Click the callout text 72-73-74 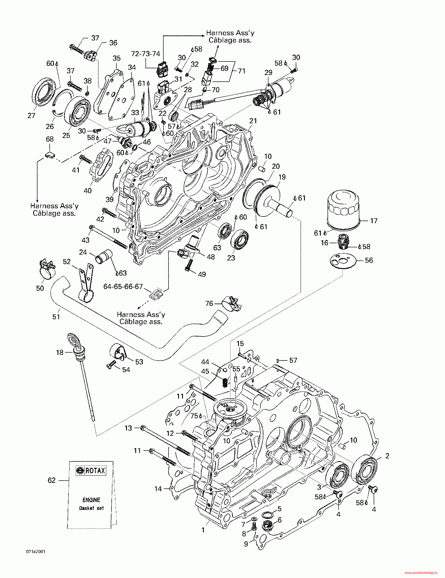(146, 54)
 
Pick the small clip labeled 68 (49, 155)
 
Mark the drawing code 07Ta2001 (36, 552)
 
